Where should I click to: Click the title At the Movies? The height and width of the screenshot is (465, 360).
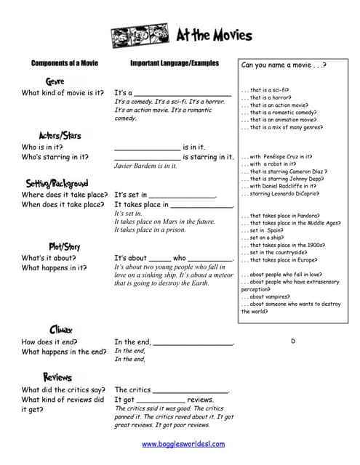[215, 35]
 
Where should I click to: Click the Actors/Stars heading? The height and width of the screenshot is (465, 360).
[60, 135]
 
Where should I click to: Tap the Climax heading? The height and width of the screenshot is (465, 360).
[60, 329]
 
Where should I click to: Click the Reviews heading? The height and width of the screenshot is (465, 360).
[57, 377]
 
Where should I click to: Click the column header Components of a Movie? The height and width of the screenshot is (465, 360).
[64, 63]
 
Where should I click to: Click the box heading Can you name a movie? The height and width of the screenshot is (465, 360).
[283, 65]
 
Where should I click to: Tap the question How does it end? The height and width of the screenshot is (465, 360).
[49, 341]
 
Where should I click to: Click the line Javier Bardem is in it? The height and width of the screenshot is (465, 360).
[145, 166]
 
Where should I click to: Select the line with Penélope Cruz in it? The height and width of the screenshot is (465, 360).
[280, 156]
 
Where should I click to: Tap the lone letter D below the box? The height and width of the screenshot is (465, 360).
[293, 341]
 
